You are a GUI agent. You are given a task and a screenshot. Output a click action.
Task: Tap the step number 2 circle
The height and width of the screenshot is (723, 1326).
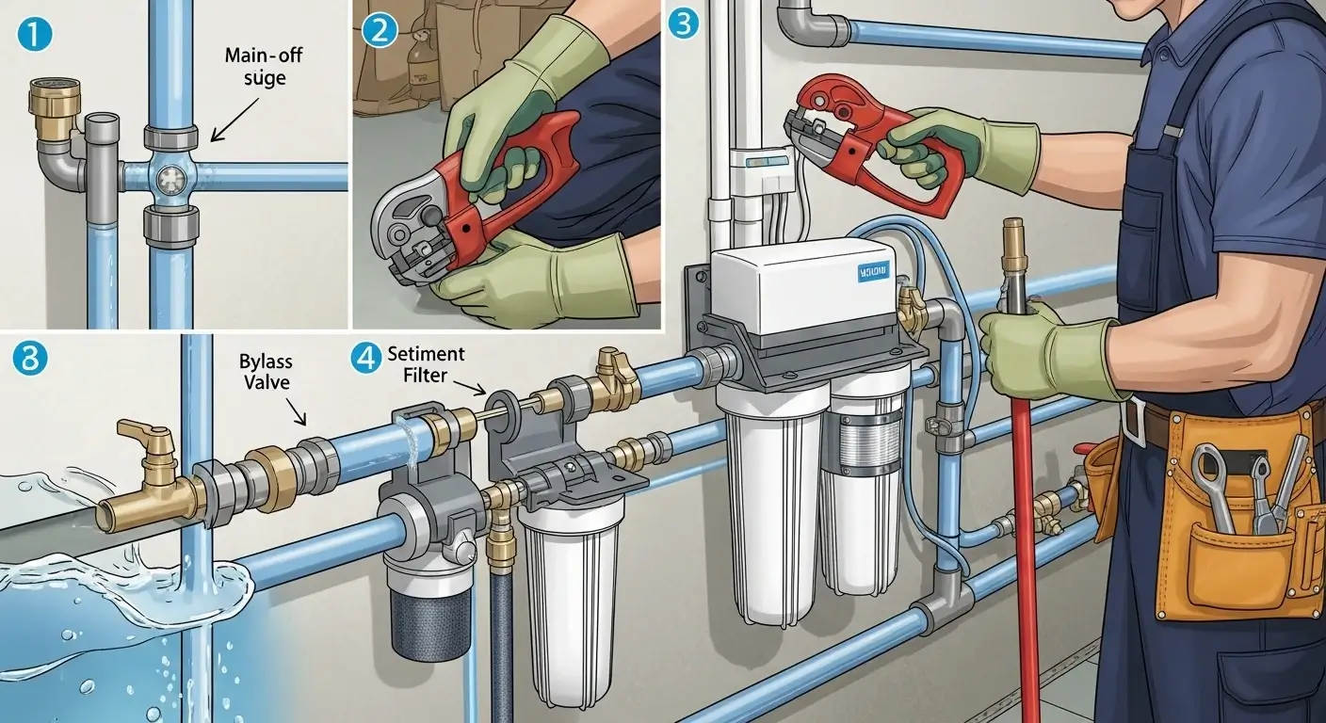pyautogui.click(x=380, y=30)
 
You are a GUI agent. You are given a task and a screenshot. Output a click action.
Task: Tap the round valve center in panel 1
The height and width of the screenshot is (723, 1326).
pyautogui.click(x=170, y=176)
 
